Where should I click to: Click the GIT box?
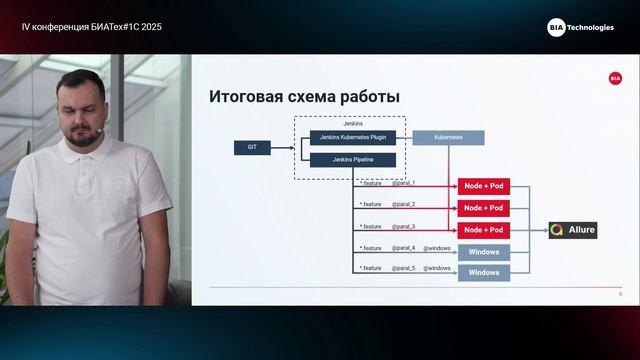tap(252, 148)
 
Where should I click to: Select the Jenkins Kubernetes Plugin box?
tap(352, 138)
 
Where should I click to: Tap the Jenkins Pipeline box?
tap(352, 159)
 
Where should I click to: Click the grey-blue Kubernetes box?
tap(448, 138)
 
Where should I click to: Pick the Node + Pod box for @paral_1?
tap(484, 187)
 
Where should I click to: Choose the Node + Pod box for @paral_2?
tap(484, 208)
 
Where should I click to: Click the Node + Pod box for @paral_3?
tap(484, 230)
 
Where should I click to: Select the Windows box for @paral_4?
tap(484, 251)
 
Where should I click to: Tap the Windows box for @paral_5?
tap(484, 272)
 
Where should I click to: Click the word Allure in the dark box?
tap(582, 230)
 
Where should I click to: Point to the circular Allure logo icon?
tap(557, 230)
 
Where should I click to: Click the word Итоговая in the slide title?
tap(241, 97)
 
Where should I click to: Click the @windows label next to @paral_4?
tap(437, 247)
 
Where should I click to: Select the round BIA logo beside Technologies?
tap(556, 27)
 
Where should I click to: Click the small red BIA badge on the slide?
tap(615, 78)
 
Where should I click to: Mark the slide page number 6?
tap(620, 294)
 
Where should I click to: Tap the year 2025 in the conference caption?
tap(148, 27)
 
